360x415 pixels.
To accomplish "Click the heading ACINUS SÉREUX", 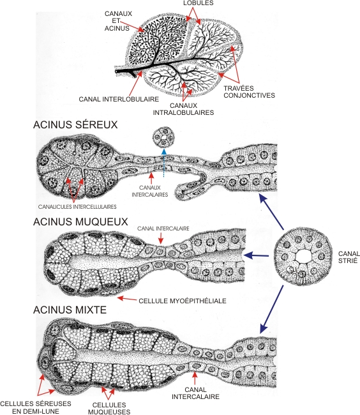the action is (75, 124).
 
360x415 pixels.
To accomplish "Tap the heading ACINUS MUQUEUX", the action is (80, 222).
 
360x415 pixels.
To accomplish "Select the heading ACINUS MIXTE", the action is (70, 310).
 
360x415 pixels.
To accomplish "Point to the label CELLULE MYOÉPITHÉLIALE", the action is (183, 301).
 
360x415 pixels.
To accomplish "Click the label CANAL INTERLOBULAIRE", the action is (119, 99).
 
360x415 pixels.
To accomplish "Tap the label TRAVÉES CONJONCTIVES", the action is (249, 92).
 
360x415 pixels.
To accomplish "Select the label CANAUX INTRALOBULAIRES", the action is (184, 109).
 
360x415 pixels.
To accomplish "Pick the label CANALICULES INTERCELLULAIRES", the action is (77, 207).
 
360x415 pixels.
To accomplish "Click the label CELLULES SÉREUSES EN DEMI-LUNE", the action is (36, 407).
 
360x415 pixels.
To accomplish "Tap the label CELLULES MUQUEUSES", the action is (109, 409).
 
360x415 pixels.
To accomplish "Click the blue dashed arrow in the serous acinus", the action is (164, 163).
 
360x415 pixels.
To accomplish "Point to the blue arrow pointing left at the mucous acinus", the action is (256, 255).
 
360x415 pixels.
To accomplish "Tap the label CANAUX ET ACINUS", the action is (118, 21).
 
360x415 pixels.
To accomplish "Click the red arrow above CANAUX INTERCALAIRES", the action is (151, 178).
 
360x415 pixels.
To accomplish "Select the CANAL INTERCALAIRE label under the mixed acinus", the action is (195, 393).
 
